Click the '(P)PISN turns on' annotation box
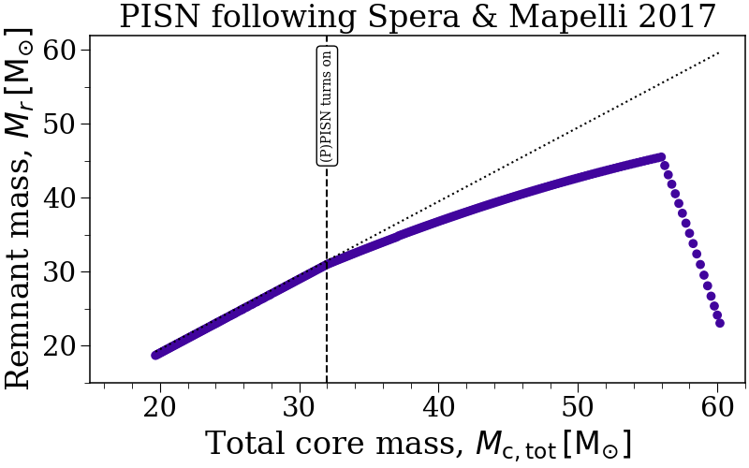click(x=327, y=106)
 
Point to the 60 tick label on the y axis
click(x=59, y=50)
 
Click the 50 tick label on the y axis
click(x=59, y=124)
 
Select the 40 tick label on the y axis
click(x=59, y=197)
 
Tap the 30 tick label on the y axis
click(x=59, y=271)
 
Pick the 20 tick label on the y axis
click(x=59, y=345)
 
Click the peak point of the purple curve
click(x=661, y=157)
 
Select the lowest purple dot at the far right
click(x=720, y=323)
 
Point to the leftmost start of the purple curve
click(x=156, y=355)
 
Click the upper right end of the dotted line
click(x=718, y=52)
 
